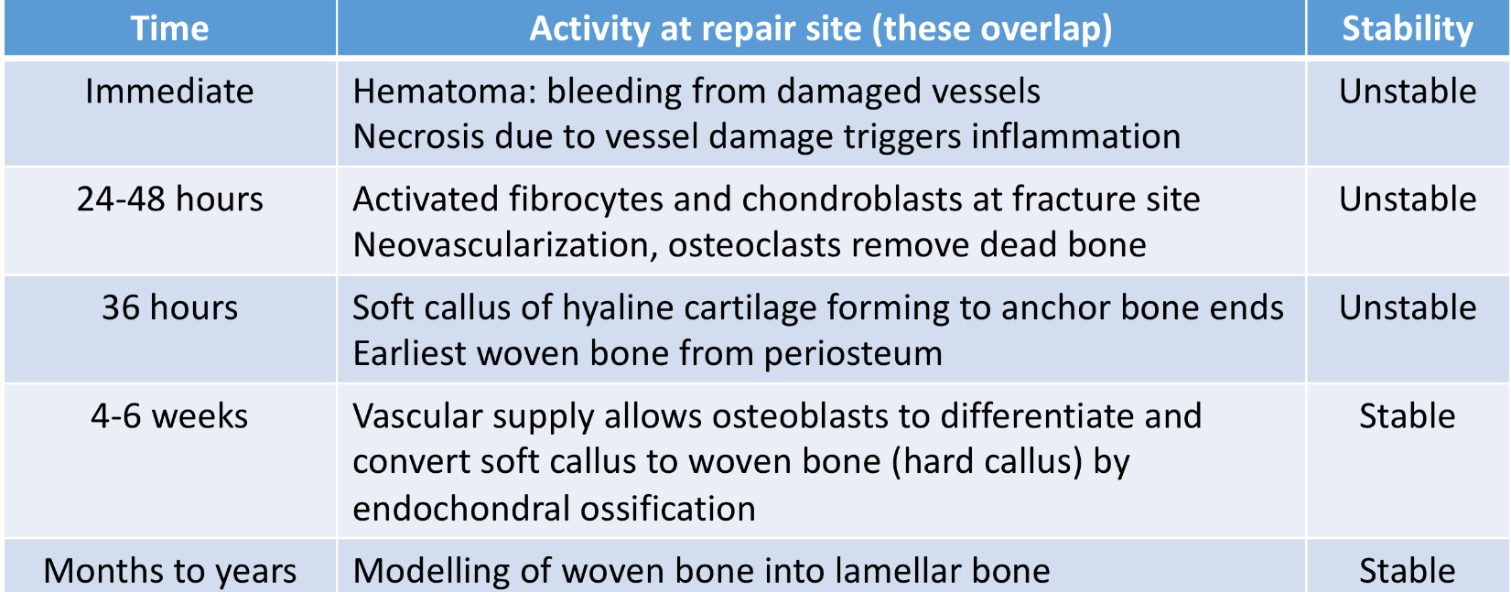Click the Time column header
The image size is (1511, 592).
click(169, 28)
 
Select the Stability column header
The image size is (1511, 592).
click(1407, 28)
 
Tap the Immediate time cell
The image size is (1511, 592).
click(169, 91)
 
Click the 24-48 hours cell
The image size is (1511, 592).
click(169, 199)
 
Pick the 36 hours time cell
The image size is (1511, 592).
click(169, 307)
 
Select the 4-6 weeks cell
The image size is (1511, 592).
click(169, 416)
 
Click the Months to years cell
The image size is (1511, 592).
click(169, 571)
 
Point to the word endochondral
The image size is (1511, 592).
click(468, 509)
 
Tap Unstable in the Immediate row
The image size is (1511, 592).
click(1407, 91)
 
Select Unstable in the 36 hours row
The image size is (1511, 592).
click(1407, 307)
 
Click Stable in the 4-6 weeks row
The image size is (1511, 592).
click(1407, 416)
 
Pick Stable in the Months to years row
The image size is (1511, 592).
click(1407, 571)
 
